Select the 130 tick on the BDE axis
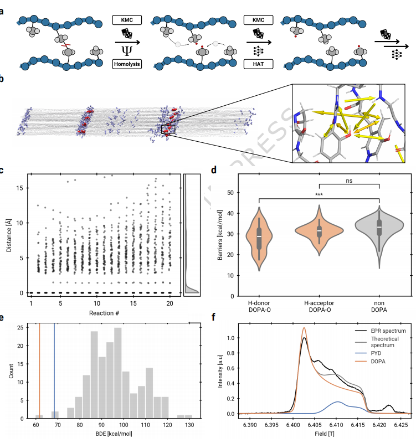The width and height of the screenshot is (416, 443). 188,425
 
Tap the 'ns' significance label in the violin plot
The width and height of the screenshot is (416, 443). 349,180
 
